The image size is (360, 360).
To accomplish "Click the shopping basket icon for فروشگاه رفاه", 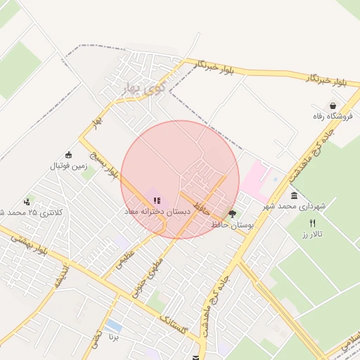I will pyautogui.click(x=323, y=105).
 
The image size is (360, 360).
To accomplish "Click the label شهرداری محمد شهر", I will pyautogui.click(x=295, y=207).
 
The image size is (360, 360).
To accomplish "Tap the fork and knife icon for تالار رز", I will pyautogui.click(x=313, y=222).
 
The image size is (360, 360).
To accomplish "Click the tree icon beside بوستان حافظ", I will pyautogui.click(x=233, y=214).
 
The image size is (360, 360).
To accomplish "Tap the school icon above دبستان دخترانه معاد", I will pyautogui.click(x=157, y=200).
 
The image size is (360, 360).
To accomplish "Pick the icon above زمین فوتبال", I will pyautogui.click(x=69, y=155).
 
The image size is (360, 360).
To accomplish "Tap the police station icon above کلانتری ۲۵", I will pyautogui.click(x=27, y=201).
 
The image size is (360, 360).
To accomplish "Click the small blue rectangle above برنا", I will pyautogui.click(x=113, y=326).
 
